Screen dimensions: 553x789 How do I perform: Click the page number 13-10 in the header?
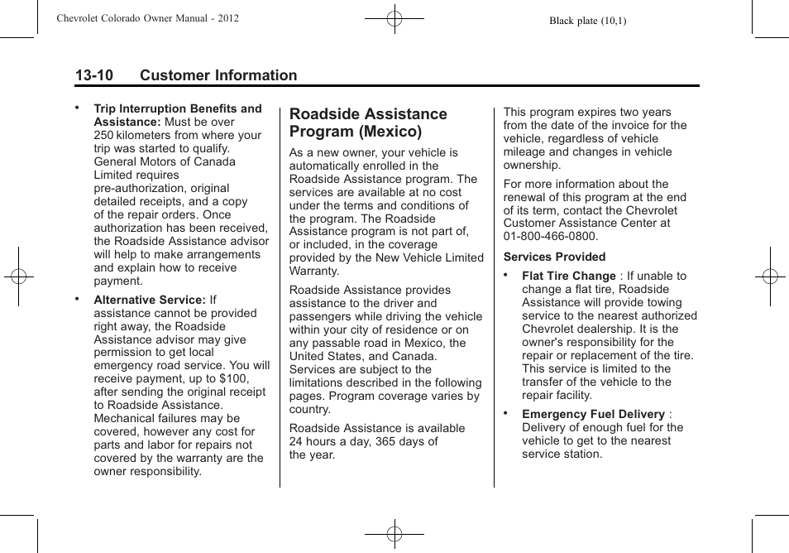93,75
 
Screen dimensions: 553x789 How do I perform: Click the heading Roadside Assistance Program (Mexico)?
368,123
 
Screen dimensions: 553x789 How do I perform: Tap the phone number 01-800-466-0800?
550,236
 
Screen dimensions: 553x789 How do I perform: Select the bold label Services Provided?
554,257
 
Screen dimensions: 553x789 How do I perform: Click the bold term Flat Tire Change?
569,276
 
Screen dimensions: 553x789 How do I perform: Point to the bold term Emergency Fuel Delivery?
593,414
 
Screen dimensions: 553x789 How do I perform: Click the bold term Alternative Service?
149,300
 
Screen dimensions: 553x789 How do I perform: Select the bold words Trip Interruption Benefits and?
177,108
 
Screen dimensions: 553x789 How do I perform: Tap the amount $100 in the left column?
233,378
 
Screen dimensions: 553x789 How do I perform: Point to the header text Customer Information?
218,75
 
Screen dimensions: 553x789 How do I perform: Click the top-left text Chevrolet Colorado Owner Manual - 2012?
148,17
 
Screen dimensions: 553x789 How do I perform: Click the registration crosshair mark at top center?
394,17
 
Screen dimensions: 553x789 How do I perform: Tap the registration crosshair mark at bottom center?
394,534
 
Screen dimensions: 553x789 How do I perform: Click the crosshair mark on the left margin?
18,276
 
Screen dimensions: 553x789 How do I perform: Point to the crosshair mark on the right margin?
770,276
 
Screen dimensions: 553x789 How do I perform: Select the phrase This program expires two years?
587,112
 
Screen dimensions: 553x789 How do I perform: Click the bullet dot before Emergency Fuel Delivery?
505,411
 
